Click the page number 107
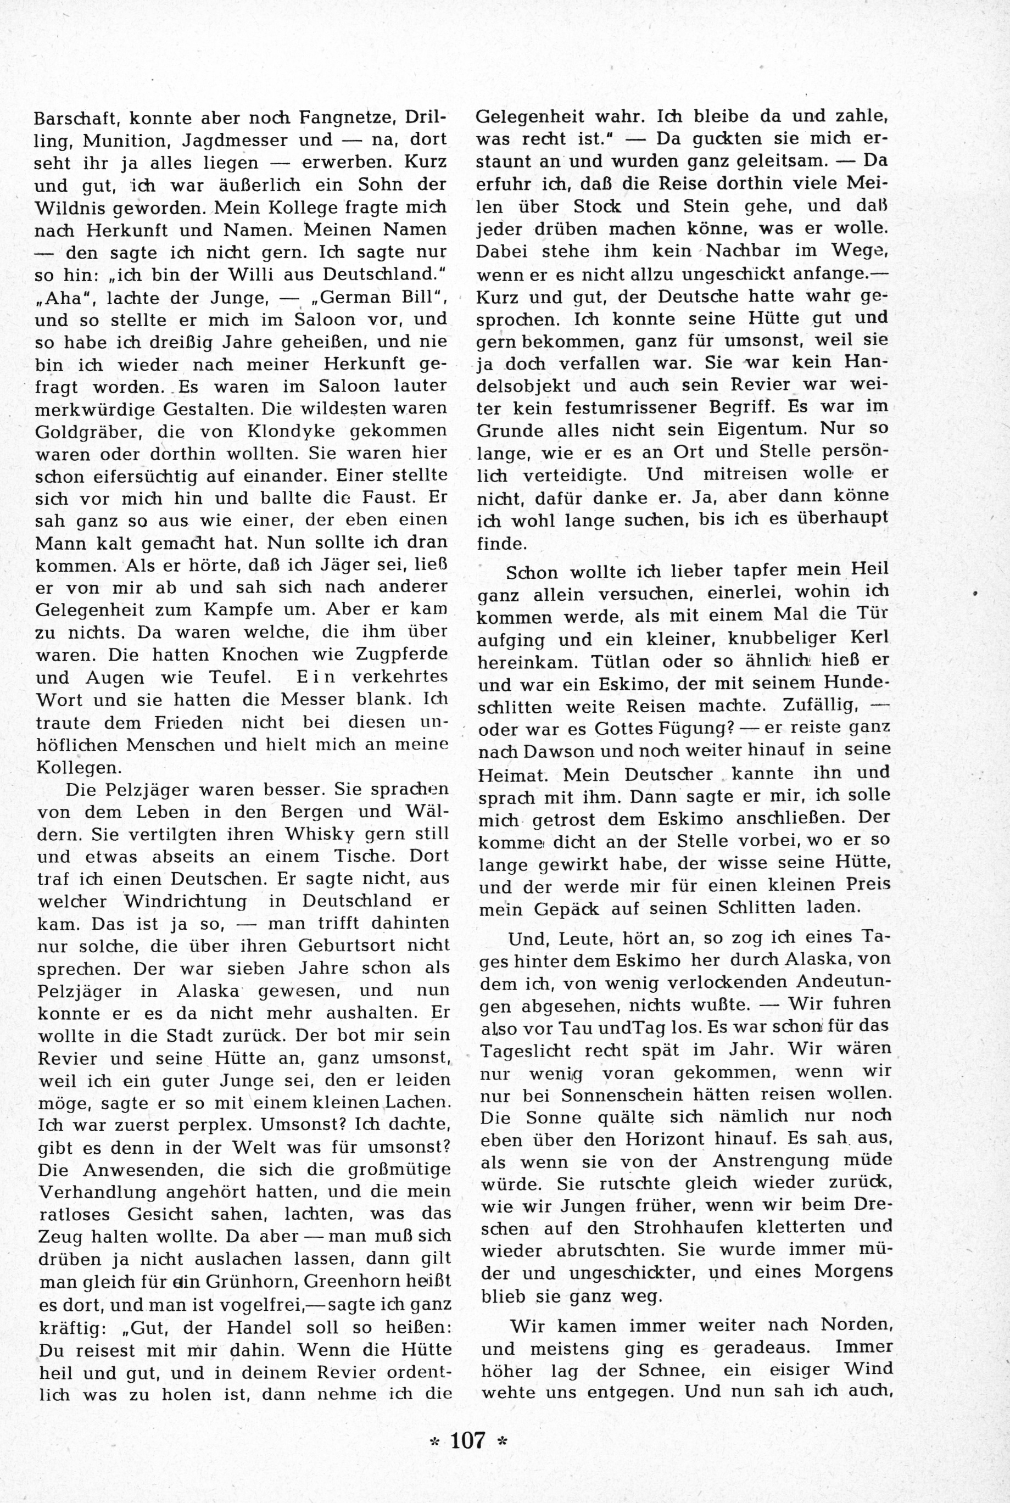(x=467, y=1440)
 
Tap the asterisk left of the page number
(x=433, y=1443)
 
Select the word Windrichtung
(x=177, y=900)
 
